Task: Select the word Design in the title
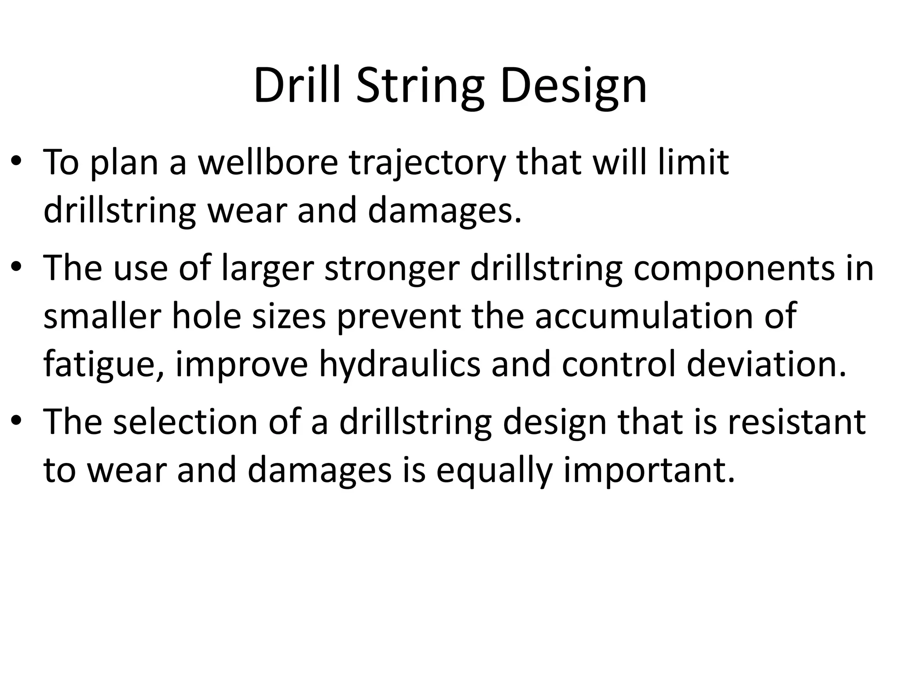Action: point(573,85)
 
